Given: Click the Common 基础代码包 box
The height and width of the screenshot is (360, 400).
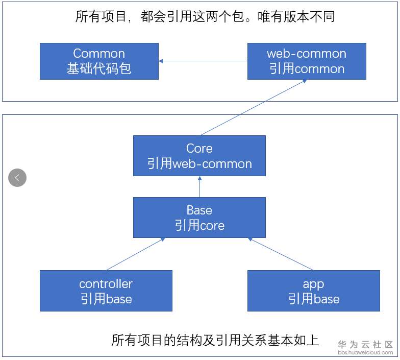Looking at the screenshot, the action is click(x=99, y=61).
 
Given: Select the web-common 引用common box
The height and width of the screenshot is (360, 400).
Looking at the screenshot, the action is click(x=307, y=61).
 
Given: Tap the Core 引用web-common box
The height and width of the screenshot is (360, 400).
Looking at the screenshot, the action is click(x=199, y=156).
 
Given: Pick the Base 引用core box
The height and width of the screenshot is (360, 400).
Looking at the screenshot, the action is click(x=199, y=218).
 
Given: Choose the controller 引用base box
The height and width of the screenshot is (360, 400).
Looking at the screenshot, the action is click(x=106, y=291).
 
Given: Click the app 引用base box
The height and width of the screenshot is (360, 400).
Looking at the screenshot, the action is click(x=313, y=291).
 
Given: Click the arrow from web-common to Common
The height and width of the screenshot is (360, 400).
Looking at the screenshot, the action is click(x=203, y=61).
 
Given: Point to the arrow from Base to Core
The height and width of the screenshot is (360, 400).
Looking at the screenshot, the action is click(x=200, y=187).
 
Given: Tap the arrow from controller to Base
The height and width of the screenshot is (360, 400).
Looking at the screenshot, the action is click(x=136, y=254).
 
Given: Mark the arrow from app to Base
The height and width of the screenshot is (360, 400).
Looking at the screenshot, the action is click(x=281, y=254).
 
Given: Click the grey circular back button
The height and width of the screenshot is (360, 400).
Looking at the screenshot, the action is click(x=17, y=178).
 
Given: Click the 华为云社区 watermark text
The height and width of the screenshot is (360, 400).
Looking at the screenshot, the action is click(x=365, y=344).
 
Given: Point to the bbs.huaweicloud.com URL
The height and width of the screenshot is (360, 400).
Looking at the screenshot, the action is click(x=365, y=352).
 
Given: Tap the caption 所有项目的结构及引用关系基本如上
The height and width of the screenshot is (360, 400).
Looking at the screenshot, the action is click(x=215, y=340).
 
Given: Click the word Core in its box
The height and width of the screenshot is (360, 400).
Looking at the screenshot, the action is click(x=199, y=148).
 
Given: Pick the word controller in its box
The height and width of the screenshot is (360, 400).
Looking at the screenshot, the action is click(x=106, y=284).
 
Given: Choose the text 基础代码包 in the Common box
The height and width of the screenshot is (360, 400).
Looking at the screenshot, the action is click(x=99, y=68).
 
